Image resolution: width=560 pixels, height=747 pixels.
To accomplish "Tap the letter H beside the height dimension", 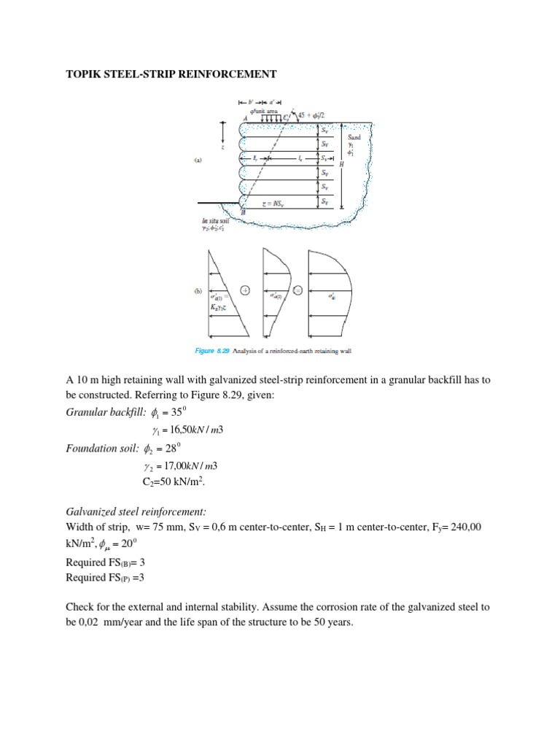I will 341,165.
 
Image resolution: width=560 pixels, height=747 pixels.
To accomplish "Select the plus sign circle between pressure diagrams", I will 245,290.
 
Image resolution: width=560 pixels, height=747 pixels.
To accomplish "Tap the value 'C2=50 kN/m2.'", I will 175,483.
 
